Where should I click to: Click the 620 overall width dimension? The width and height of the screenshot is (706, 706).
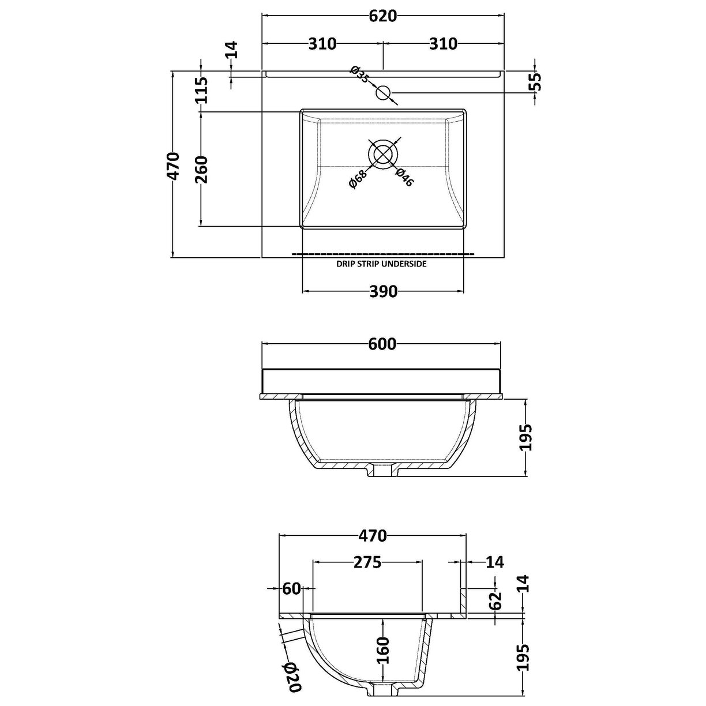382,16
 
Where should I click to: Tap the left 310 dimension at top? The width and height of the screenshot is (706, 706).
322,44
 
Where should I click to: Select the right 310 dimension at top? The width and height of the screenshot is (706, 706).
444,44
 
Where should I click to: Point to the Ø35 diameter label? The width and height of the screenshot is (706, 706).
360,74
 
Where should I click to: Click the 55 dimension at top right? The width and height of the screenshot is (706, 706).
535,82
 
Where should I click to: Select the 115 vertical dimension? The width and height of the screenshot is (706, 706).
201,91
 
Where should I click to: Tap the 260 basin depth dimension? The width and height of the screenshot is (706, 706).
201,169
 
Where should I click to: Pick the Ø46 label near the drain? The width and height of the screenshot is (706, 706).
404,177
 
